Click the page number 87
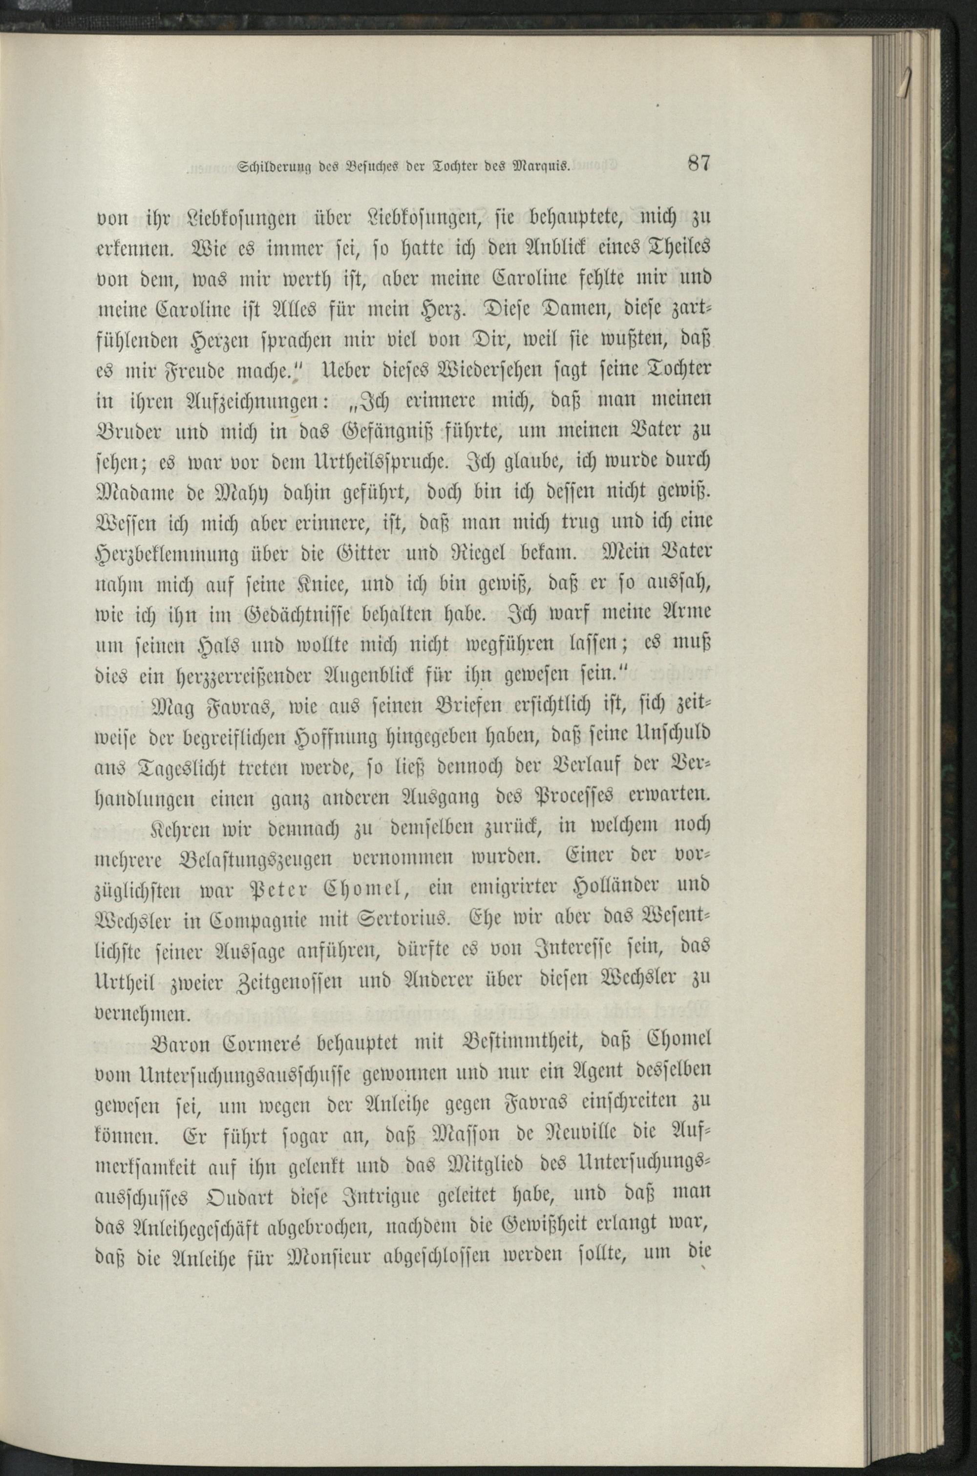(x=699, y=164)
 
